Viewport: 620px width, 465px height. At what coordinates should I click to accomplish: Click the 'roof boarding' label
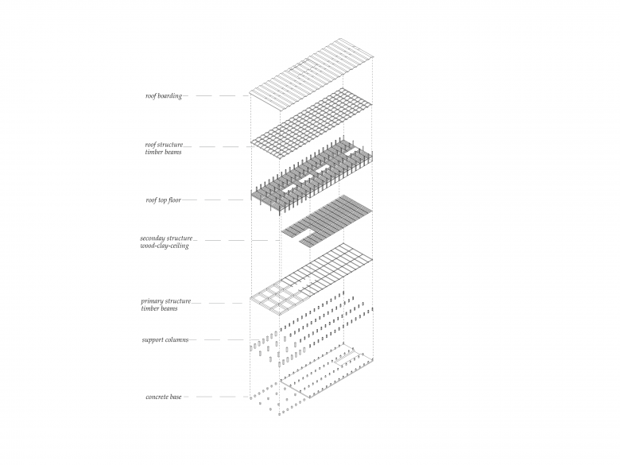tap(163, 96)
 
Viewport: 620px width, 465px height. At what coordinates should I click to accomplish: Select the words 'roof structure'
tap(164, 145)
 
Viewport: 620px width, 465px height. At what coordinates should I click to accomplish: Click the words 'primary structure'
tap(165, 301)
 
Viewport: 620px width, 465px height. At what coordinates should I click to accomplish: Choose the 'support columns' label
tap(165, 340)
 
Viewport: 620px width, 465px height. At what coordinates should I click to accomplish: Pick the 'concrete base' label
tap(165, 397)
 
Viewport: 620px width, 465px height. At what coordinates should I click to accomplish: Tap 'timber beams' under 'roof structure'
tap(163, 152)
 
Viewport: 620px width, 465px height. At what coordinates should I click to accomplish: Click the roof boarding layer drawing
tap(312, 76)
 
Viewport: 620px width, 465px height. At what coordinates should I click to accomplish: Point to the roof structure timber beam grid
tap(312, 124)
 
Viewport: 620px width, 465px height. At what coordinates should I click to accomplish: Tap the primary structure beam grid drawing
tap(312, 278)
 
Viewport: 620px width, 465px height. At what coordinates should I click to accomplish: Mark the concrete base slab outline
tap(326, 374)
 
